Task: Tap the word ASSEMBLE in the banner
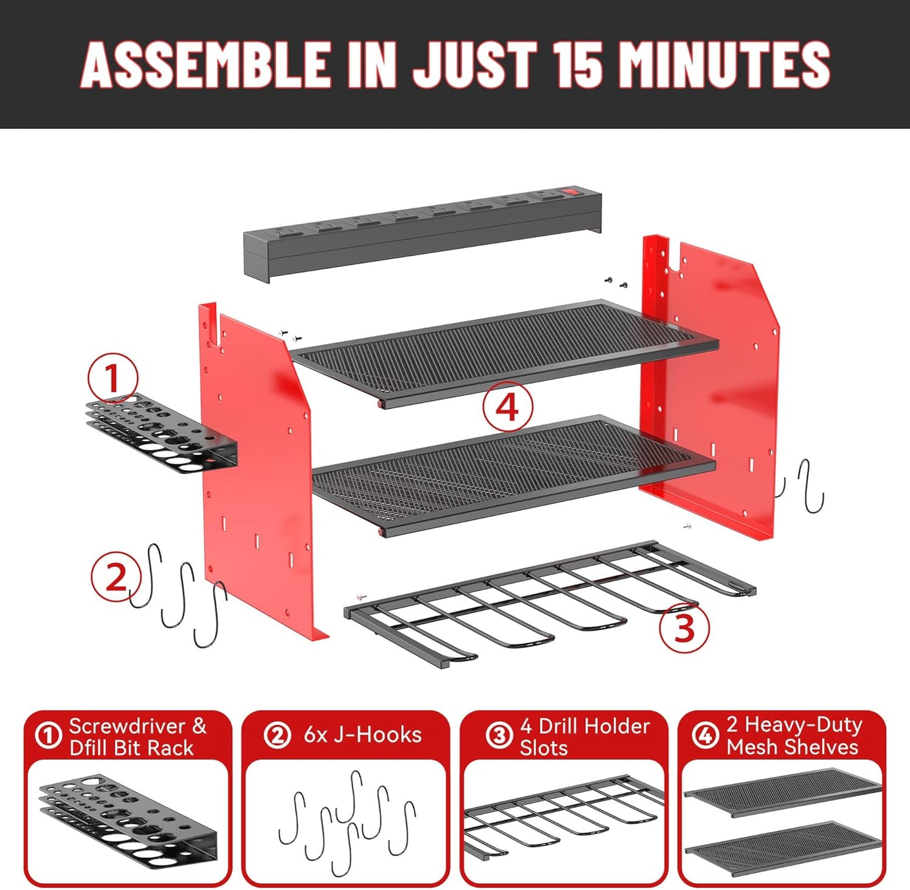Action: point(207,65)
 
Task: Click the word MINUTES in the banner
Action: point(724,65)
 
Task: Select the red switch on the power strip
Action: point(571,189)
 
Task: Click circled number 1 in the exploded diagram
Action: point(113,378)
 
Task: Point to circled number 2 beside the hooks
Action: point(116,577)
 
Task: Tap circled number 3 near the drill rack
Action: point(685,627)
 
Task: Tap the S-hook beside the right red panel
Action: point(811,485)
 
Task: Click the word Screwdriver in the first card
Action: point(126,726)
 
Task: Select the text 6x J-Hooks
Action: point(362,735)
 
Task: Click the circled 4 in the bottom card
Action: point(705,735)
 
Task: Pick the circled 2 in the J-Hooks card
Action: point(277,735)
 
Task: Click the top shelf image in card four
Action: point(783,791)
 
